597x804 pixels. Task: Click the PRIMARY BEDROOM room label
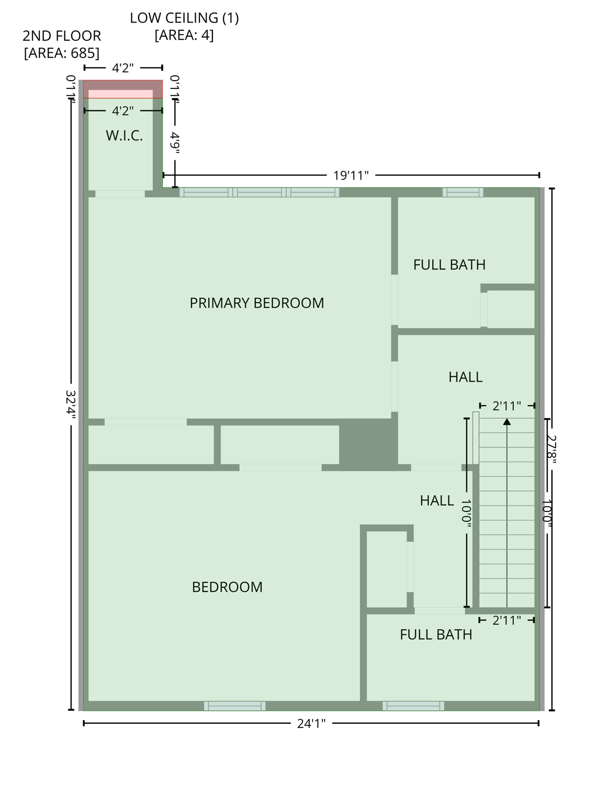point(256,303)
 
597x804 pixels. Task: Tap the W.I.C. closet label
point(124,136)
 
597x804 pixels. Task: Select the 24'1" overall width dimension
point(311,723)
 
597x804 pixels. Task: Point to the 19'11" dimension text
point(351,175)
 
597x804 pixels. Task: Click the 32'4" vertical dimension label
point(71,405)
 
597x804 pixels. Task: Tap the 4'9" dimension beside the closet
point(175,143)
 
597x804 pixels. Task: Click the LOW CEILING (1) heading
point(184,18)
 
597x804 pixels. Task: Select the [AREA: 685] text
point(61,53)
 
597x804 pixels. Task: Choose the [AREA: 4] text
point(184,35)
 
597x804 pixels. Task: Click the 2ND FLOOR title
point(62,36)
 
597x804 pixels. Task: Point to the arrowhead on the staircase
point(506,421)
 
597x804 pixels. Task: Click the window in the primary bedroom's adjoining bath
point(463,192)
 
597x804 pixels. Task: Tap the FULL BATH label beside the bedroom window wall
point(436,634)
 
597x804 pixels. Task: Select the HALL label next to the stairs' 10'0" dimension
point(436,500)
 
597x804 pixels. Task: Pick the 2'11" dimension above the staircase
point(506,406)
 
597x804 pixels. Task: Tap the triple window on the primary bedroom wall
point(260,192)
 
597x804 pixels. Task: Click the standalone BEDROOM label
point(227,587)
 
